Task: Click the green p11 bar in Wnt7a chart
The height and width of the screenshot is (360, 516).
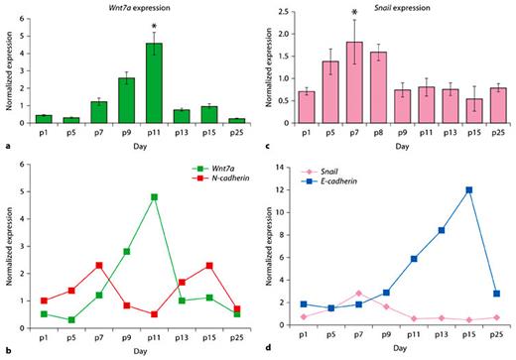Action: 153,81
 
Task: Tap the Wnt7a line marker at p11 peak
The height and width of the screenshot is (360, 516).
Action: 153,197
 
